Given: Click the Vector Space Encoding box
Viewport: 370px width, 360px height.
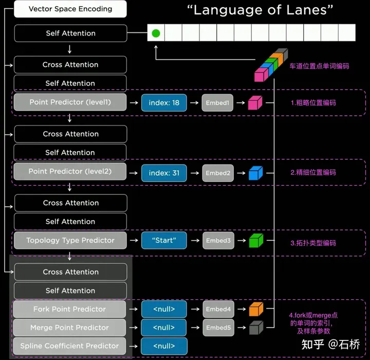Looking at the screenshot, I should coord(70,9).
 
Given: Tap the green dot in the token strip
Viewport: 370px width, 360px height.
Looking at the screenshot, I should coord(156,33).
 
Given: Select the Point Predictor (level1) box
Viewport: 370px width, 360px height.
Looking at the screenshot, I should coord(70,102).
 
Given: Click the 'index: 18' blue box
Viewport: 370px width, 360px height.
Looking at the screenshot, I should coord(164,103).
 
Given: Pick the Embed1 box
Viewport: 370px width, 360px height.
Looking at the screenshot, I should coord(217,103).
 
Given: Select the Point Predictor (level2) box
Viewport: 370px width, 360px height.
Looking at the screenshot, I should coord(70,171).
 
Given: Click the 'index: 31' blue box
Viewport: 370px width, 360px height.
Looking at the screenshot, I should coord(164,173).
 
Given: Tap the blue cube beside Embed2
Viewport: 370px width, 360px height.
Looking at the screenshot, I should coord(255,173).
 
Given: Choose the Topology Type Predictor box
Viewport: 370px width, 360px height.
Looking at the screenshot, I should coord(70,240).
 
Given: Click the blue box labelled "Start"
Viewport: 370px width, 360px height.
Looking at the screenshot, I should coord(164,240).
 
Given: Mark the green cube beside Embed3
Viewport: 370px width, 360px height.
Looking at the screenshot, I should coord(255,240).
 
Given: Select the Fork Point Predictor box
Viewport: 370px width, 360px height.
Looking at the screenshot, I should coord(70,309).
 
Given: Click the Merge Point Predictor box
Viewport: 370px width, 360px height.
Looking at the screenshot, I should coord(70,328).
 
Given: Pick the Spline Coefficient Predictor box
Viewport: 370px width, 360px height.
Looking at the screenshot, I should coord(70,346).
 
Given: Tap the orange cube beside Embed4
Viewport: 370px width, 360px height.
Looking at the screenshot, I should coord(255,309).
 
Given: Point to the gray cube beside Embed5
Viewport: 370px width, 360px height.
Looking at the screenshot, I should coord(255,327).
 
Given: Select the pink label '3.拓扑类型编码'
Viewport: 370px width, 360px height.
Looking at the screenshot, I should coord(313,243).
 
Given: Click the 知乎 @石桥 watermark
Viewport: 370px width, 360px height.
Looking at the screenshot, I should coord(330,344).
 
